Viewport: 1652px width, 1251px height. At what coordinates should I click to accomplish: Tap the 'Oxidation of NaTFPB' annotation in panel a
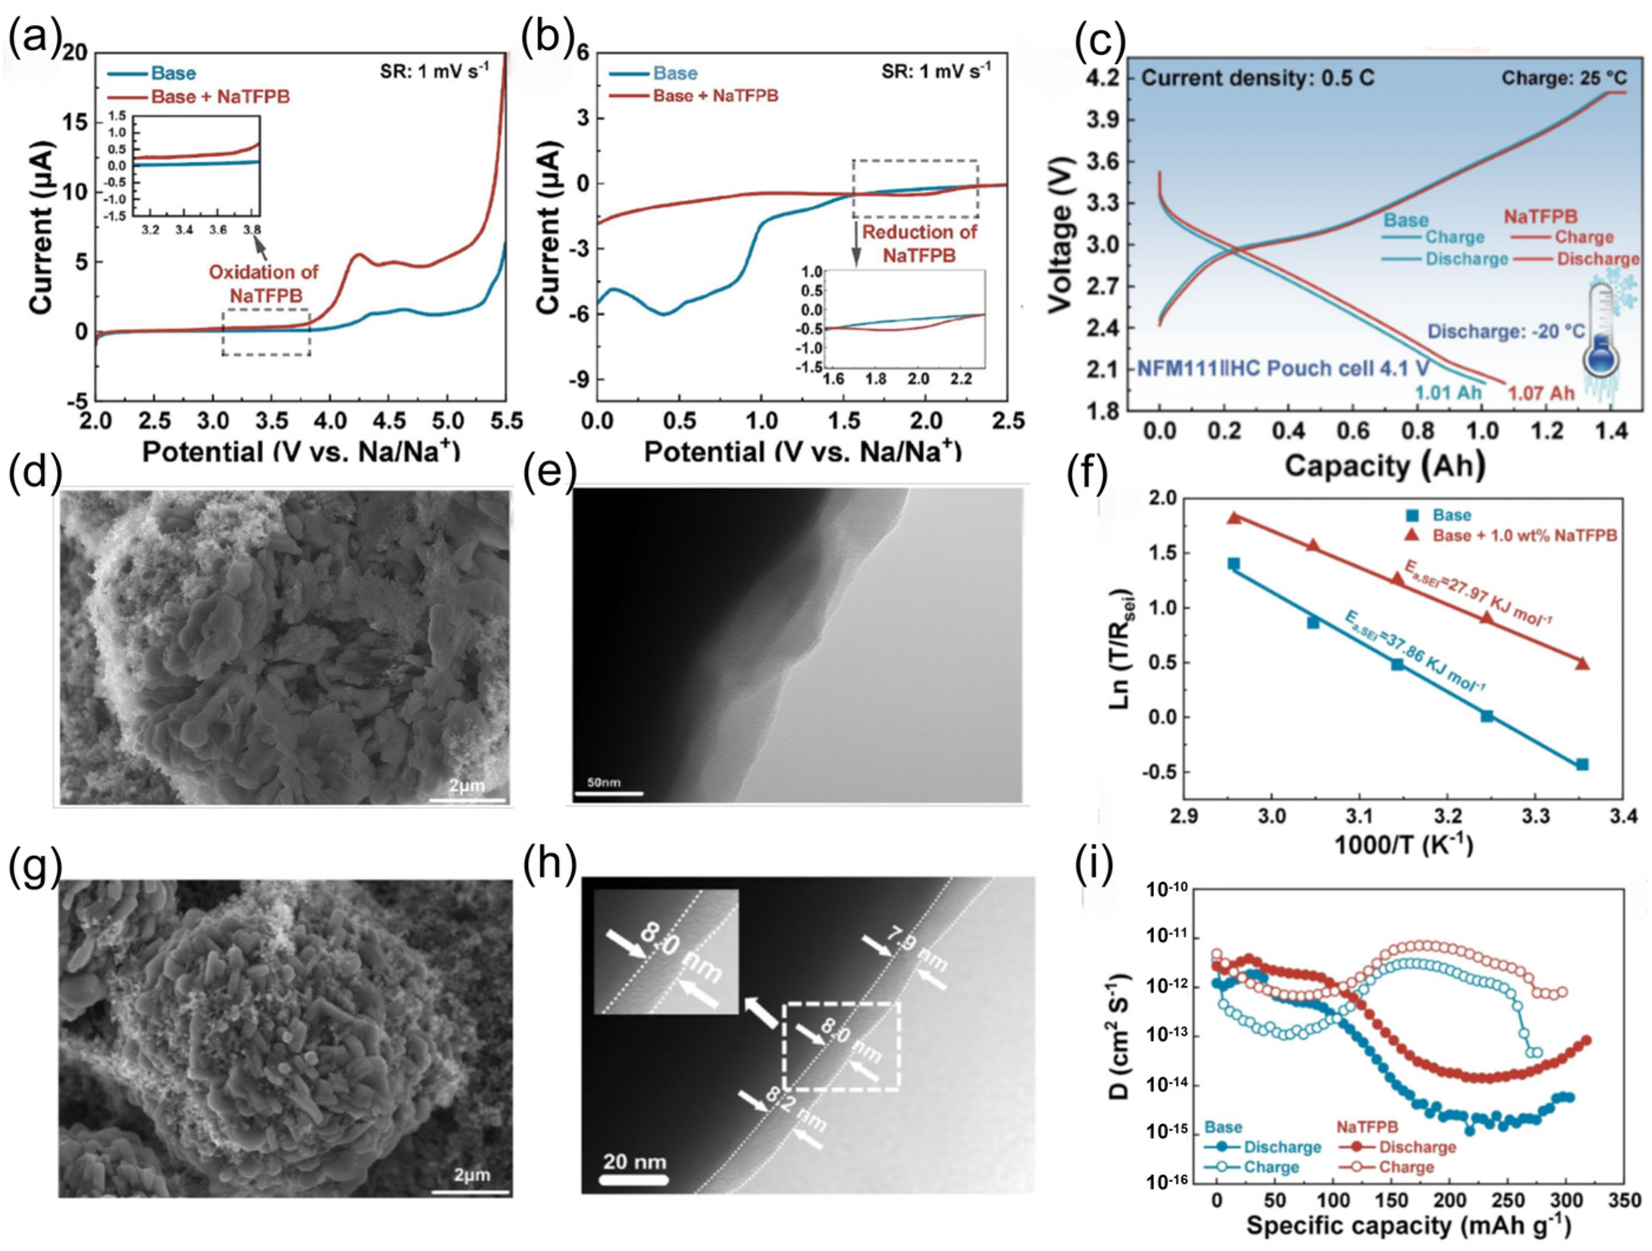point(263,283)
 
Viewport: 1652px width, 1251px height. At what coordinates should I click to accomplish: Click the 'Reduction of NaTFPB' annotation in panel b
point(919,244)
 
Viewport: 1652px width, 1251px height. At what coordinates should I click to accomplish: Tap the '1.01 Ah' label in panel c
point(1447,392)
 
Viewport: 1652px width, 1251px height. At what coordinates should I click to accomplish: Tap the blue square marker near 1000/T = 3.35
point(1582,764)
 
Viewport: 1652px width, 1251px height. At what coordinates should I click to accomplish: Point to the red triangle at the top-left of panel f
point(1234,517)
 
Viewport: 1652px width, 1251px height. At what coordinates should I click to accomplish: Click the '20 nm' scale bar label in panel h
point(634,1161)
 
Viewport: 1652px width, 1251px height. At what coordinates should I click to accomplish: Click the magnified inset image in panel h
point(666,951)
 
